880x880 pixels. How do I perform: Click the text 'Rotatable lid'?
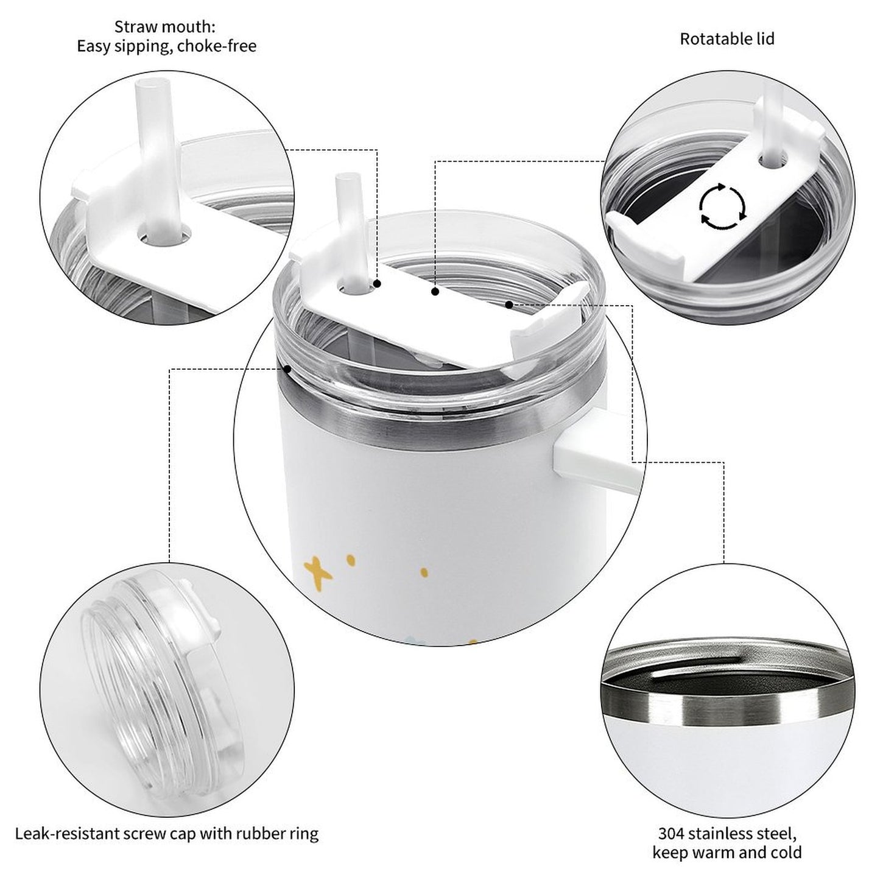[x=727, y=39]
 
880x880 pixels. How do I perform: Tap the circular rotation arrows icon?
[x=722, y=206]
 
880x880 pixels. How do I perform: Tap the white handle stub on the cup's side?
[x=585, y=448]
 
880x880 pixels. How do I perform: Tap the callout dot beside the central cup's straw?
[x=378, y=284]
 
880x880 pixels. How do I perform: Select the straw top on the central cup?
[x=345, y=182]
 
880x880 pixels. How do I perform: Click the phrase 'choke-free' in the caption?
[x=217, y=46]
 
